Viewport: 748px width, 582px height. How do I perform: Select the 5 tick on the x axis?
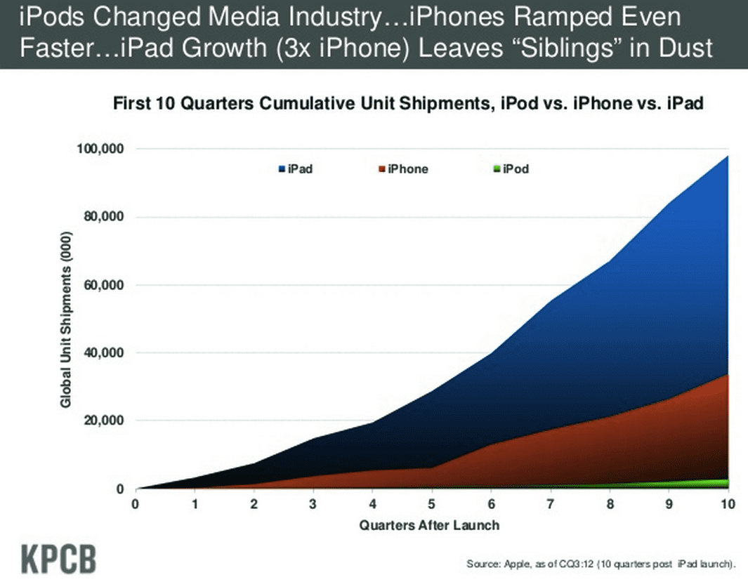point(431,503)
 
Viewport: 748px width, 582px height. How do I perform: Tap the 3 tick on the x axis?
point(313,503)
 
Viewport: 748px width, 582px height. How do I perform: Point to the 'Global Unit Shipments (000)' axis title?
point(65,319)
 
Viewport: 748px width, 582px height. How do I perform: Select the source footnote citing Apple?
point(601,564)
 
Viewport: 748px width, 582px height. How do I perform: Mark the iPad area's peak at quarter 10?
point(726,157)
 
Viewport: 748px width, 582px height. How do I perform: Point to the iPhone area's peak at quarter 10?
point(726,375)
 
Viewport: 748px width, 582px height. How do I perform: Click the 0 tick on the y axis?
point(120,489)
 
